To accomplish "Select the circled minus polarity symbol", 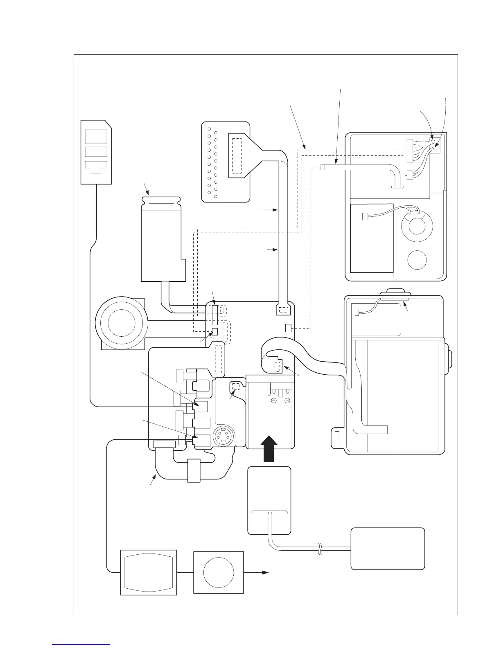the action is click(x=287, y=400).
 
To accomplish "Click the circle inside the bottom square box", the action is click(x=219, y=572).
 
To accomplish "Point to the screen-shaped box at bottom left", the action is click(x=149, y=572).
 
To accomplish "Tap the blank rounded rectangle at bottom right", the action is click(x=388, y=548).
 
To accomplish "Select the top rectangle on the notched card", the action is click(x=96, y=136).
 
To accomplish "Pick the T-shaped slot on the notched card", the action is click(x=96, y=166).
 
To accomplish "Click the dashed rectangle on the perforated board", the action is click(x=237, y=156).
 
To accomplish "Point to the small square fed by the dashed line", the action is click(x=288, y=328).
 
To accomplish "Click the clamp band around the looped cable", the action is click(x=193, y=470).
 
